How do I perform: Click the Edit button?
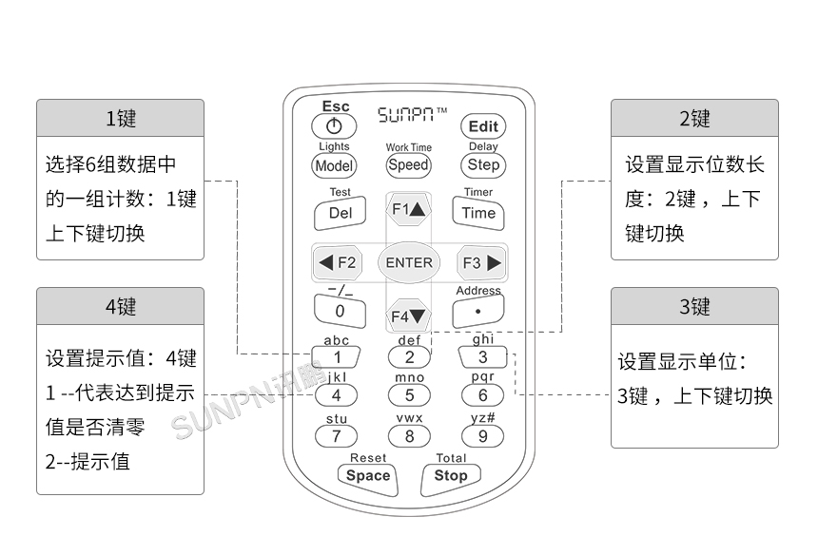482,126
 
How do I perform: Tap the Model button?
334,164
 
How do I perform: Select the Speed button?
409,164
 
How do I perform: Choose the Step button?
482,164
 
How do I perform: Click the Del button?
340,214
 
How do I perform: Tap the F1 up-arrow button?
410,209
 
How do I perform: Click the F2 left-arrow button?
338,263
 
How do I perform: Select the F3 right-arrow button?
480,263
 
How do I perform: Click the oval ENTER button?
409,263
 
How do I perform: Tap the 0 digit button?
340,310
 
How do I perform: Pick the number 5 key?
410,395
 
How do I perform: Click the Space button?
368,475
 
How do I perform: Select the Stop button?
451,475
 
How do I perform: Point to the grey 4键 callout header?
121,306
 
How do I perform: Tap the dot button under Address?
477,310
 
